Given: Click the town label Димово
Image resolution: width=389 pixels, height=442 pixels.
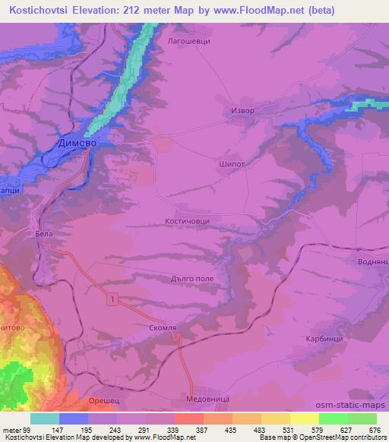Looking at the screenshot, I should (78, 142).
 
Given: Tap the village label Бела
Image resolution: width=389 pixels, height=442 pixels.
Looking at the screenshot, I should (44, 235).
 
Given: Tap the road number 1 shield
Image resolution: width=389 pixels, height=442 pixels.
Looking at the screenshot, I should (112, 302).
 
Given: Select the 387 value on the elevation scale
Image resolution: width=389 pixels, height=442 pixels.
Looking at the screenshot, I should (202, 431).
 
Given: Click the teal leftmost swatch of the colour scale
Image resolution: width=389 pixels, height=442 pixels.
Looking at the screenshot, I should (45, 418).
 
